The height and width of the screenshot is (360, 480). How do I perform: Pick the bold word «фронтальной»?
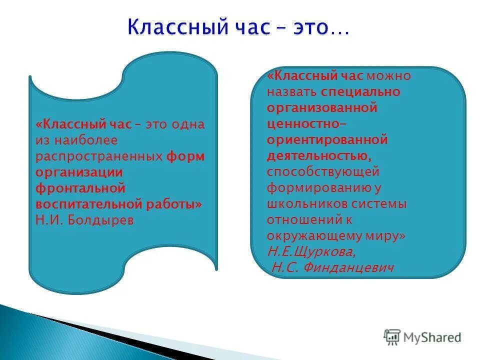pyautogui.click(x=79, y=188)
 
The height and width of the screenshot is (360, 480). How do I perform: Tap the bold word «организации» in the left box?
pyautogui.click(x=79, y=172)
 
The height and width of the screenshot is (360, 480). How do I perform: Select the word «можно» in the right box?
pyautogui.click(x=388, y=76)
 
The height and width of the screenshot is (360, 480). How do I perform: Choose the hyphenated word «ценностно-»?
pyautogui.click(x=308, y=124)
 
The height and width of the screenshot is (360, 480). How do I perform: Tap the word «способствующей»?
pyautogui.click(x=323, y=172)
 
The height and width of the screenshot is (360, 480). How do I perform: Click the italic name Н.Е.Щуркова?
pyautogui.click(x=312, y=251)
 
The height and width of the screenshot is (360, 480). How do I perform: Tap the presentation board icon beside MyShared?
pyautogui.click(x=392, y=337)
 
